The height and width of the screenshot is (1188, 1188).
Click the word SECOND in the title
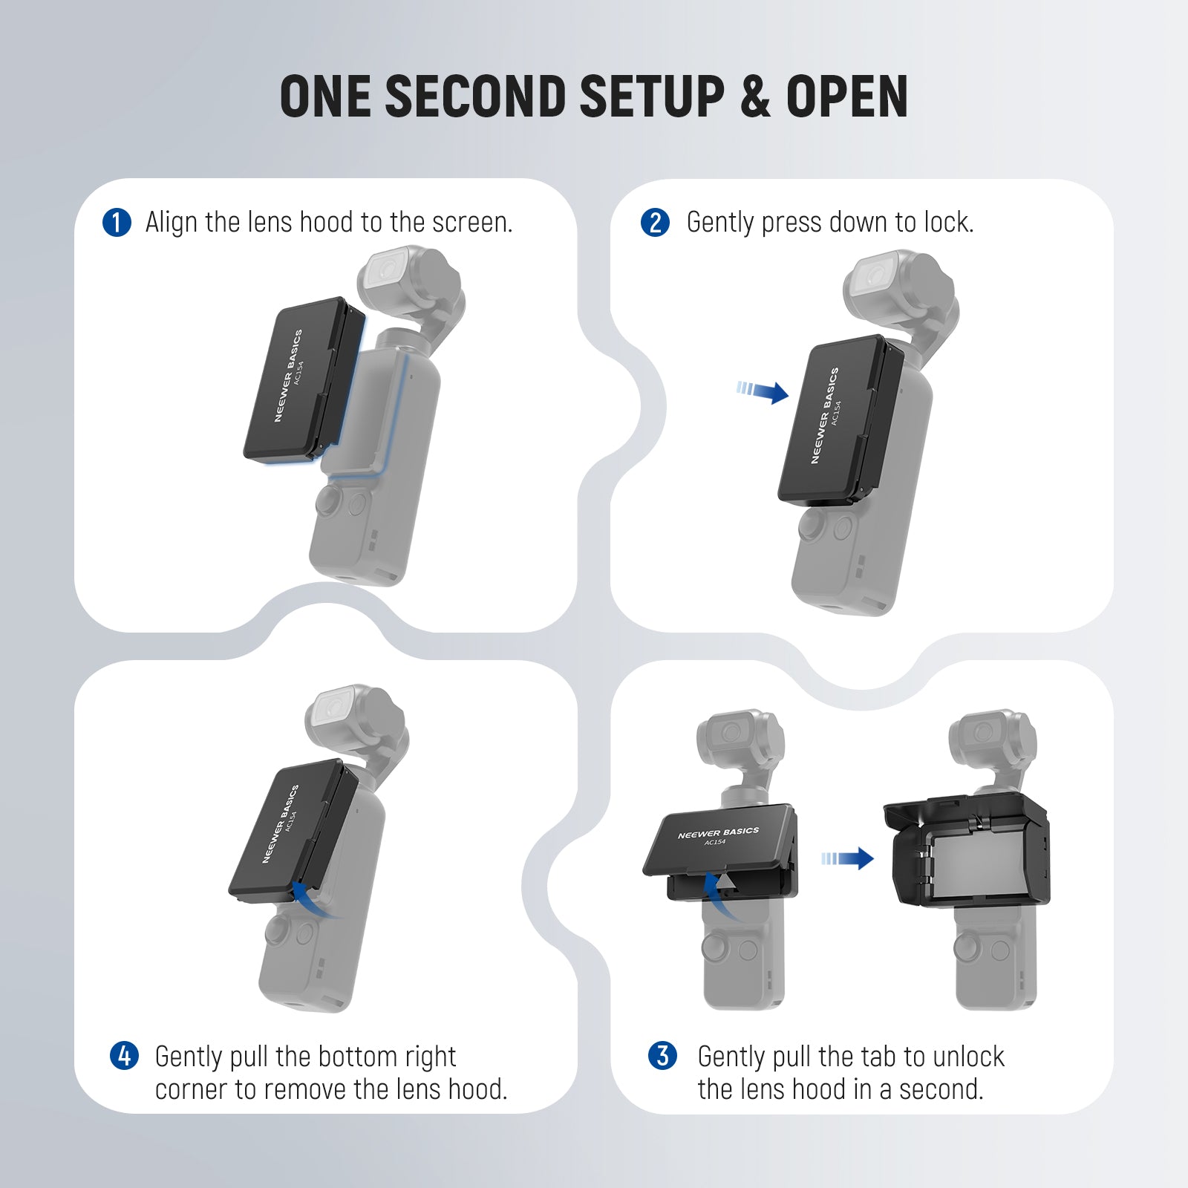[x=475, y=97]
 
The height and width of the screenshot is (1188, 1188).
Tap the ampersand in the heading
[x=755, y=97]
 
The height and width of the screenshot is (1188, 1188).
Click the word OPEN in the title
[x=846, y=97]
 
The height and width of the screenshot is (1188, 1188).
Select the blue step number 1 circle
[x=117, y=223]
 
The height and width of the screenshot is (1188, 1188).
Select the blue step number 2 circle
[x=655, y=223]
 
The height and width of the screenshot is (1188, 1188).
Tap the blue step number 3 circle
[x=662, y=1055]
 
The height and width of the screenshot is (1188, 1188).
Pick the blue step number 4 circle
[x=124, y=1055]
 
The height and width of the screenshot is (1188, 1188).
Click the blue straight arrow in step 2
[x=763, y=391]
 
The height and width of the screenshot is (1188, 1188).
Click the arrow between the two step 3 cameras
[x=849, y=859]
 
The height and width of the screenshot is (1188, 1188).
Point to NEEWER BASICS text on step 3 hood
[x=718, y=833]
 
